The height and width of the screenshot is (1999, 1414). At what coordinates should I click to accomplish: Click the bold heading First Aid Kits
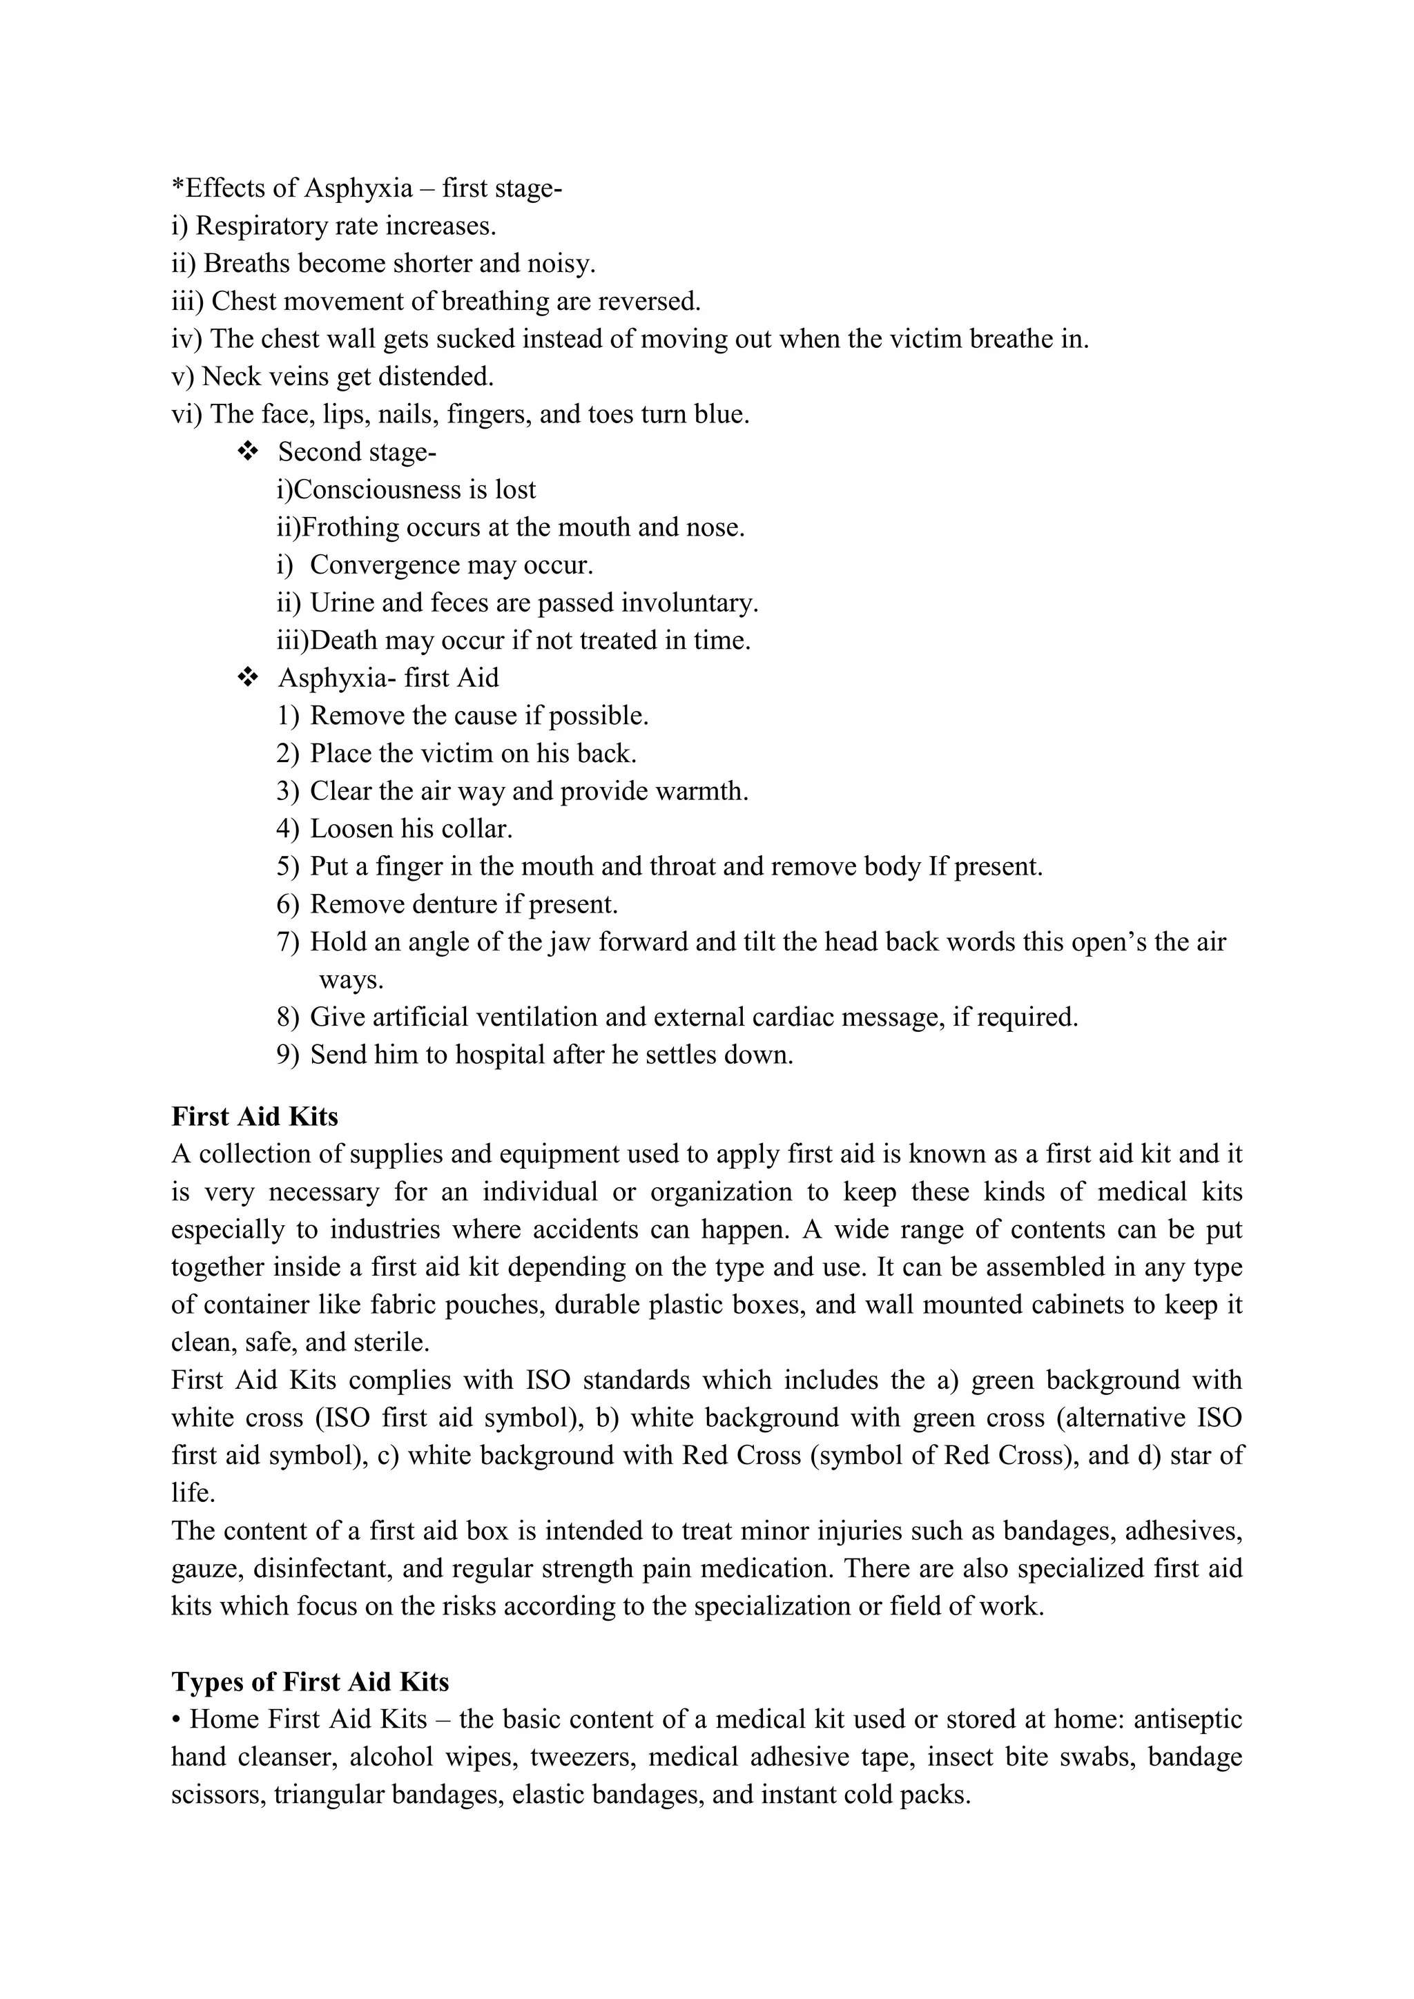point(254,1116)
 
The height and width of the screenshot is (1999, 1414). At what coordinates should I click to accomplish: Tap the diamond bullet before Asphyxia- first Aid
point(247,677)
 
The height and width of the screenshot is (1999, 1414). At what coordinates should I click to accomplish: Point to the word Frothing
point(351,527)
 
